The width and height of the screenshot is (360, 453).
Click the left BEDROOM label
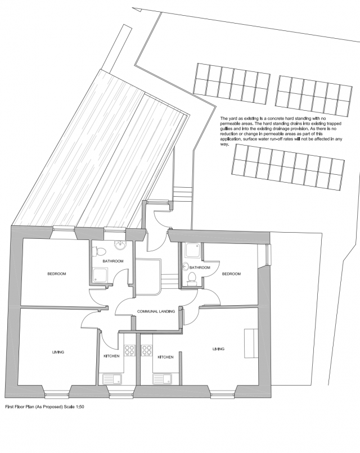[x=57, y=274]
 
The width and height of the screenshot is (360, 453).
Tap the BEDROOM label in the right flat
[x=231, y=274]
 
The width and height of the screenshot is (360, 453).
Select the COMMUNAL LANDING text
[x=156, y=311]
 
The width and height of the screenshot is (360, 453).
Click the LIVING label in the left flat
[x=58, y=352]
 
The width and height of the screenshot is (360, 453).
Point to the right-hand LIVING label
[x=218, y=348]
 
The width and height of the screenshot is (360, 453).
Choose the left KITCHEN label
[x=111, y=356]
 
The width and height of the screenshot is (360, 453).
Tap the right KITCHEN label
[x=165, y=357]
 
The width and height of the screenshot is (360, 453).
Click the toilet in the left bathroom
[x=98, y=251]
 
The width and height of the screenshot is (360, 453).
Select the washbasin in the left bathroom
[x=119, y=245]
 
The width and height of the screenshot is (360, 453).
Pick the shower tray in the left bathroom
[x=101, y=275]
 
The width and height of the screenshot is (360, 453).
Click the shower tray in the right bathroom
[x=191, y=250]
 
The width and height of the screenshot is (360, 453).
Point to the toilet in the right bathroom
[x=191, y=278]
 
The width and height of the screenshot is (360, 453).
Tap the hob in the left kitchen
[x=129, y=351]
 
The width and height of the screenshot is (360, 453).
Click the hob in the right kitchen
[x=147, y=351]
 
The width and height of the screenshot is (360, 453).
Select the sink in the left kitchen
[x=112, y=378]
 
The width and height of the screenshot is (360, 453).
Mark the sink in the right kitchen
[x=162, y=378]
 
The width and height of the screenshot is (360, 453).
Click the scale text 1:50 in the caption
[x=79, y=406]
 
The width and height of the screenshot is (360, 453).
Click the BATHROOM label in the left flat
[x=113, y=261]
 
